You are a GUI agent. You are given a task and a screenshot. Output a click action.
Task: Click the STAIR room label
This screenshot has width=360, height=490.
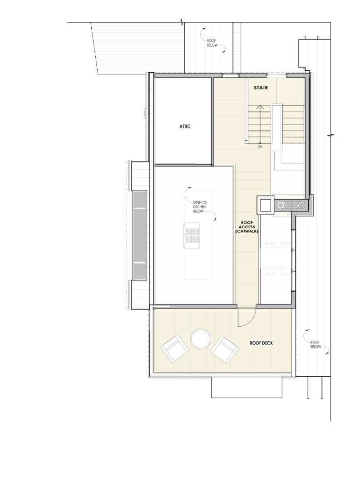pyautogui.click(x=261, y=88)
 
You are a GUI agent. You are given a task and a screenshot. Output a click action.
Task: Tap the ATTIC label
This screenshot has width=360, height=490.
pyautogui.click(x=185, y=127)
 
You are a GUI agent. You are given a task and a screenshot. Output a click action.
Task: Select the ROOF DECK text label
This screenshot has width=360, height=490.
pyautogui.click(x=261, y=343)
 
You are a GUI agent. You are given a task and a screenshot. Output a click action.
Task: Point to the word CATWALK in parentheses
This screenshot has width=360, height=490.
pyautogui.click(x=247, y=231)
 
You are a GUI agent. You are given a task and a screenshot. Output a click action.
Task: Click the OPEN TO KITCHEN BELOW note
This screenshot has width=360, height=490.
pyautogui.click(x=199, y=207)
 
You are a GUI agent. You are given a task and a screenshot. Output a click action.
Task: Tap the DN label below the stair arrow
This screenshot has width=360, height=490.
pyautogui.click(x=260, y=147)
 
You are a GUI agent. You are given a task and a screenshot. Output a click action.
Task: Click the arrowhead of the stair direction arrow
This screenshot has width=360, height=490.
pyautogui.click(x=260, y=107)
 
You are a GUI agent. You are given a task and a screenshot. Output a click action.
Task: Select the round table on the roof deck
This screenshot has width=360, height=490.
pyautogui.click(x=200, y=339)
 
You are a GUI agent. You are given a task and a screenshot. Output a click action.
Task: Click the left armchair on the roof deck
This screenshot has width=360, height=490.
pyautogui.click(x=174, y=349)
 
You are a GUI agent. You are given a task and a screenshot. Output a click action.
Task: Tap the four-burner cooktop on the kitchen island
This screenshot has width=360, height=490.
pyautogui.click(x=192, y=235)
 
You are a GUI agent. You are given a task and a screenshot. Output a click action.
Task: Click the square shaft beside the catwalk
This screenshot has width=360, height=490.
pyautogui.click(x=265, y=205)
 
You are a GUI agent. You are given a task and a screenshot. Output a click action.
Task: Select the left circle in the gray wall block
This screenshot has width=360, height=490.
pyautogui.click(x=281, y=205)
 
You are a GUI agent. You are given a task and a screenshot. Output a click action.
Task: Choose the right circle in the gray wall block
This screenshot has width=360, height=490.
pyautogui.click(x=301, y=205)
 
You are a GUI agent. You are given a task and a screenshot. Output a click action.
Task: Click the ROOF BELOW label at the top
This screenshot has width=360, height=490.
pyautogui.click(x=212, y=43)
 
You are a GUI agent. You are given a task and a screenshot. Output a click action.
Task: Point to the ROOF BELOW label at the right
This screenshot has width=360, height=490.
pyautogui.click(x=316, y=344)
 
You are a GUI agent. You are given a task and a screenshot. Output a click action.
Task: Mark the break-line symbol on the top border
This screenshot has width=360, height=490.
pyautogui.click(x=182, y=21)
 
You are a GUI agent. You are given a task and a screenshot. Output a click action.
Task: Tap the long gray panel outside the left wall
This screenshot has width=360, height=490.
pyautogui.click(x=140, y=235)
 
